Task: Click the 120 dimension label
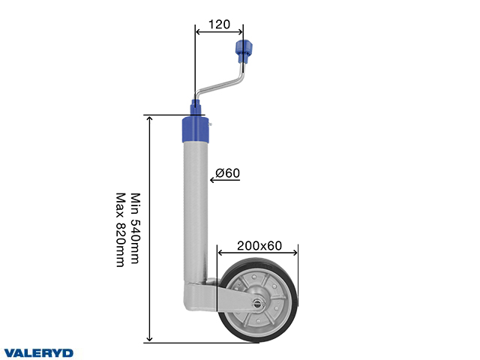click(218, 24)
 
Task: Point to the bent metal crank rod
click(225, 84)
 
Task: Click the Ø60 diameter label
click(226, 173)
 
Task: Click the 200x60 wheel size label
click(259, 244)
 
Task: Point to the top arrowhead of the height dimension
click(150, 119)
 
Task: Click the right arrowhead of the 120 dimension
click(240, 31)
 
